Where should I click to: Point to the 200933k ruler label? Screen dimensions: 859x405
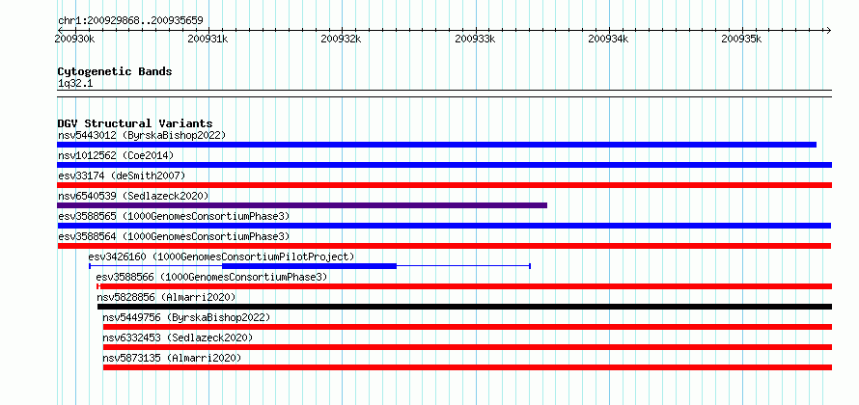pyautogui.click(x=475, y=39)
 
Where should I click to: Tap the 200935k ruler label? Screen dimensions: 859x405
pyautogui.click(x=741, y=39)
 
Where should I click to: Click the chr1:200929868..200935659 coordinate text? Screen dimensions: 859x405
pyautogui.click(x=130, y=21)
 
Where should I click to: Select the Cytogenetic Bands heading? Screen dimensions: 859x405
pyautogui.click(x=115, y=71)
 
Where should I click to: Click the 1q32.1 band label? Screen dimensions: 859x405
pyautogui.click(x=75, y=83)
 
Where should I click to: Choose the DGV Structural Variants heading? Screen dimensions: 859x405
pyautogui.click(x=135, y=123)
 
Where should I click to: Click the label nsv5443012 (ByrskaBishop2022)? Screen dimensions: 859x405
pyautogui.click(x=142, y=135)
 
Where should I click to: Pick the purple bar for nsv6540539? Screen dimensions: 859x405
pyautogui.click(x=302, y=205)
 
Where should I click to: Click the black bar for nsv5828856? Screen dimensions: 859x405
pyautogui.click(x=464, y=307)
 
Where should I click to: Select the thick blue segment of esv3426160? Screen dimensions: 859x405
pyautogui.click(x=309, y=266)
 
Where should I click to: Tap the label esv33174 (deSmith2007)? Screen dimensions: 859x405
pyautogui.click(x=122, y=175)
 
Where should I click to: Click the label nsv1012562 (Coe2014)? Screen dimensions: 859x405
pyautogui.click(x=116, y=155)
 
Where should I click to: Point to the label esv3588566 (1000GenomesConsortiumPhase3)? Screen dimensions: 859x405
pyautogui.click(x=211, y=277)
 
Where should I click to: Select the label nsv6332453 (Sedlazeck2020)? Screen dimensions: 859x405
pyautogui.click(x=178, y=337)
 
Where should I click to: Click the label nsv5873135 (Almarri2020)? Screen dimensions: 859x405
pyautogui.click(x=172, y=358)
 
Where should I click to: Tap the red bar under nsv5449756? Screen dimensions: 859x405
pyautogui.click(x=467, y=327)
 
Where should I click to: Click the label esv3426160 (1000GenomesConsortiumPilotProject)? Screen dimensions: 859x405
pyautogui.click(x=221, y=256)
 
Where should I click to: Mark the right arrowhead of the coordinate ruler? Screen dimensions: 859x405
pyautogui.click(x=828, y=30)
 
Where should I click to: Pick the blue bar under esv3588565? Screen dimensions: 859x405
pyautogui.click(x=444, y=226)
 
